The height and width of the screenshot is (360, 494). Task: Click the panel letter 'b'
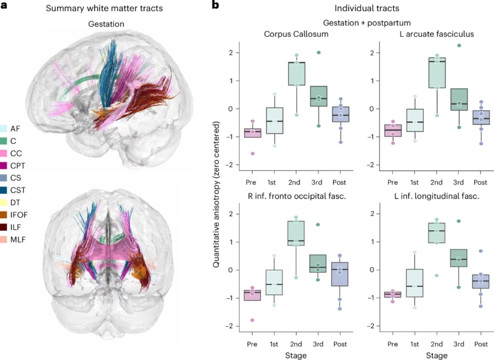click(216, 6)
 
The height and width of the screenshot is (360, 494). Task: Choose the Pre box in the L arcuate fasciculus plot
click(393, 130)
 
